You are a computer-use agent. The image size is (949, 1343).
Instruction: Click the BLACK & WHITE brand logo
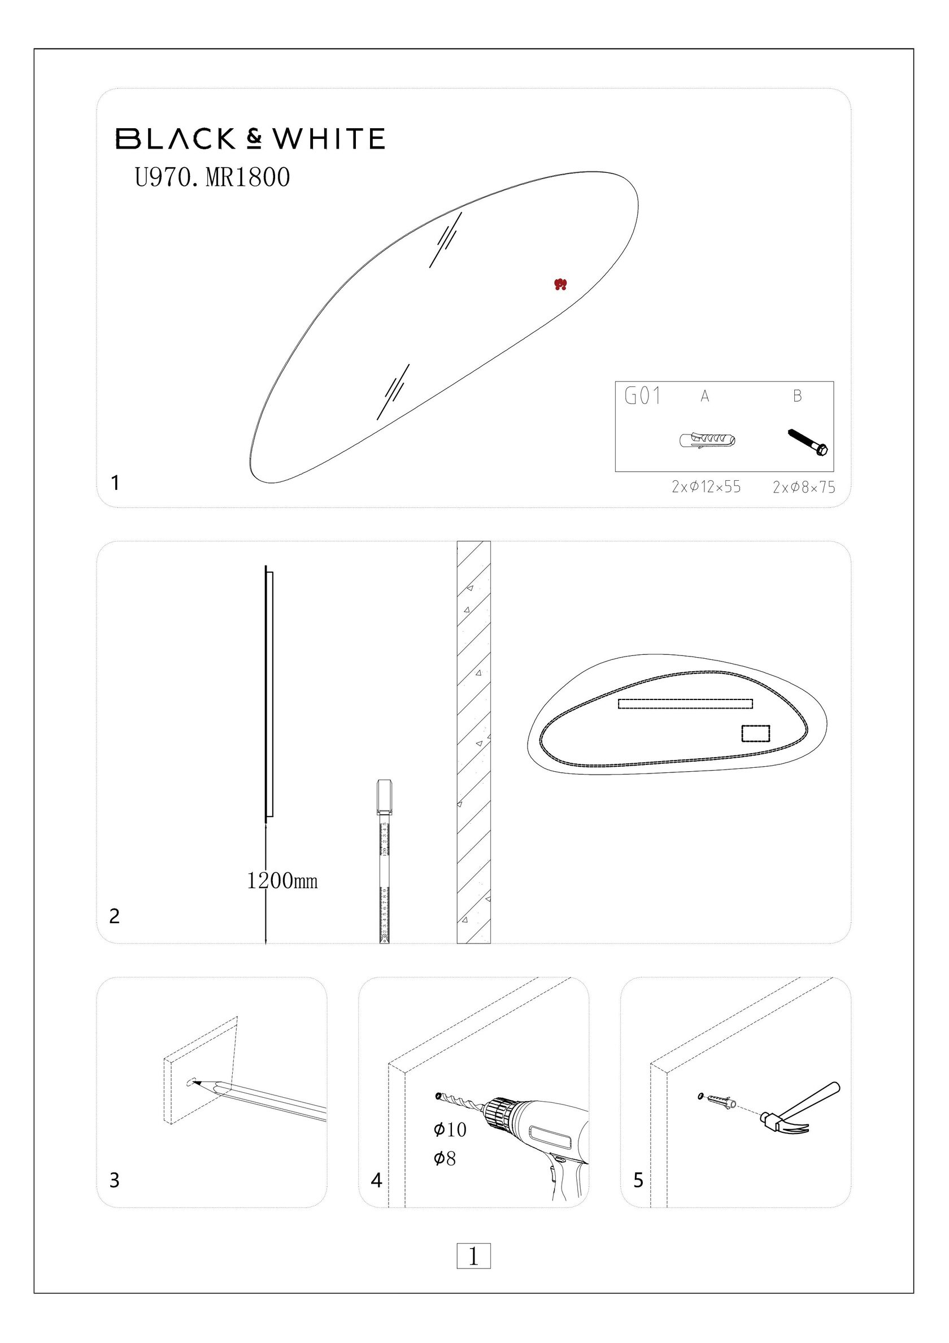click(x=250, y=138)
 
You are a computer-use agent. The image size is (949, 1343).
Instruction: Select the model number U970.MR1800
click(x=212, y=177)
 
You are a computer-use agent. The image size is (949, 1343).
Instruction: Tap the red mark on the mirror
click(x=560, y=285)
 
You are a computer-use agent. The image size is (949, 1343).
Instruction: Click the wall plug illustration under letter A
click(x=707, y=440)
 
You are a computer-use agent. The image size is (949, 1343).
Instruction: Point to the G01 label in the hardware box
click(x=643, y=396)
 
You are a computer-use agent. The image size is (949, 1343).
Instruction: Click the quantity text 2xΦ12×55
click(x=706, y=486)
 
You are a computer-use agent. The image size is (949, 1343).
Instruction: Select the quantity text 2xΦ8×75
click(x=804, y=487)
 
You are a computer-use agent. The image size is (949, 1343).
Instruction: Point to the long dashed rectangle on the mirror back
click(x=685, y=703)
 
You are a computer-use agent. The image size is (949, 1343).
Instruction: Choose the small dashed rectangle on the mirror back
click(x=755, y=733)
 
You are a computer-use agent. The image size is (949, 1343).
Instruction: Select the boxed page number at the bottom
click(x=473, y=1256)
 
